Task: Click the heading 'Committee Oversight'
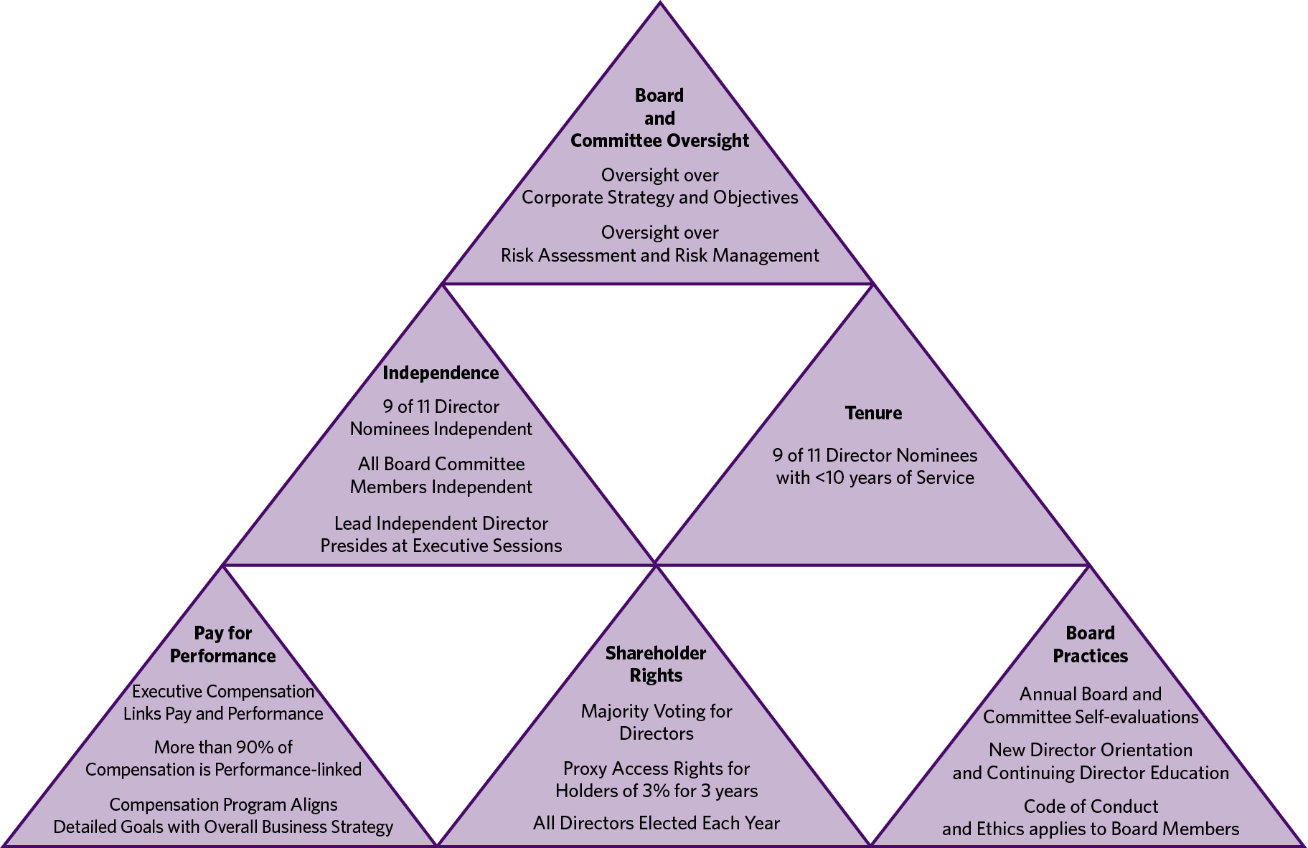659,140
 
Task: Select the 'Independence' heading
441,373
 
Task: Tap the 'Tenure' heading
873,413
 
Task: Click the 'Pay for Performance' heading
223,644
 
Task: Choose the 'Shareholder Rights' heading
656,664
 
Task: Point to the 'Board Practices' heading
1091,644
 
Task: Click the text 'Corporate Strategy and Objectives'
660,197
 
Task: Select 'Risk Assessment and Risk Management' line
660,255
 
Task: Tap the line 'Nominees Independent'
441,429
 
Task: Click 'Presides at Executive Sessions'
441,546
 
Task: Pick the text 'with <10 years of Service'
875,477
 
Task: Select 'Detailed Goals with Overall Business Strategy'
223,826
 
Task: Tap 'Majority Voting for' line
657,711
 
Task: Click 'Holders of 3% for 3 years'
657,791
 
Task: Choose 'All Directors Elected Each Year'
657,823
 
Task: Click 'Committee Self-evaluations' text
1091,717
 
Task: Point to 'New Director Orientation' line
1091,750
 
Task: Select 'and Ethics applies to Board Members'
1091,829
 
